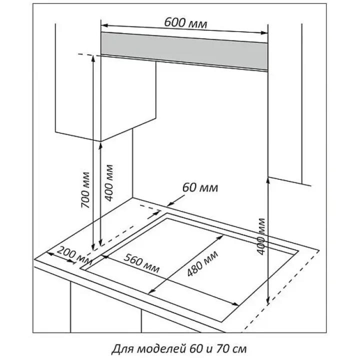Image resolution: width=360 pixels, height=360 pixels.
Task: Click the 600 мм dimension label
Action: (185, 23)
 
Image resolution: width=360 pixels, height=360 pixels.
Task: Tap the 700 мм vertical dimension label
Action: (85, 190)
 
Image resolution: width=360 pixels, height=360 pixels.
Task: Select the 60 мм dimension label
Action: (200, 187)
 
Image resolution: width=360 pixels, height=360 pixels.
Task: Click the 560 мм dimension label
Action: (141, 263)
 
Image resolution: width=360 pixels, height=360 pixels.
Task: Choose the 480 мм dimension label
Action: (202, 263)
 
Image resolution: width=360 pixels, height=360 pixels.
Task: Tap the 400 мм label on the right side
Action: (261, 236)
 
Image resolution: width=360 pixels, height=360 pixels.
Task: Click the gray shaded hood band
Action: (184, 51)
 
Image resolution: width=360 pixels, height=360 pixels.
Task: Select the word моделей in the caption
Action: (161, 349)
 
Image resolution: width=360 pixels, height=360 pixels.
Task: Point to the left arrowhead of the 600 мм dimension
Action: (104, 25)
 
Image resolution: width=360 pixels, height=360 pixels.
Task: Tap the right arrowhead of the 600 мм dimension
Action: (264, 33)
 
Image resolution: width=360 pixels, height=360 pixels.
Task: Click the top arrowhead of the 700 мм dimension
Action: (93, 58)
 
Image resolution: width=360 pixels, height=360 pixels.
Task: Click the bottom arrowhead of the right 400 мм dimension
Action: (267, 300)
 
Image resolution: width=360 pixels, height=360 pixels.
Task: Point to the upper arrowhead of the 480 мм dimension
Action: (220, 237)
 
